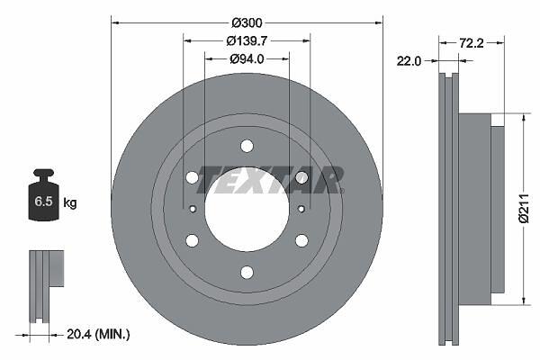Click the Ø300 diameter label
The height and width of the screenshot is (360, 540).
[x=247, y=23]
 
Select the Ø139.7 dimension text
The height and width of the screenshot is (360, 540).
[x=247, y=41]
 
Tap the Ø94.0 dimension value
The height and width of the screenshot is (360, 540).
[x=247, y=59]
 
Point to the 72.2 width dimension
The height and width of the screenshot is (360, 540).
[x=471, y=43]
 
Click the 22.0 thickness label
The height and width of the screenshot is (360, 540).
[x=409, y=61]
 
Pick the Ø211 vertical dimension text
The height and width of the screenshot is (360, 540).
[x=524, y=209]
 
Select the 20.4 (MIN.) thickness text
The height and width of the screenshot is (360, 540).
[x=98, y=334]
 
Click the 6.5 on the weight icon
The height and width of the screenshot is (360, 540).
[x=43, y=202]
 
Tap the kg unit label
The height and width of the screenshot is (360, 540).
[x=70, y=202]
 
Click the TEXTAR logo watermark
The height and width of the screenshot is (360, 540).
[x=270, y=180]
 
